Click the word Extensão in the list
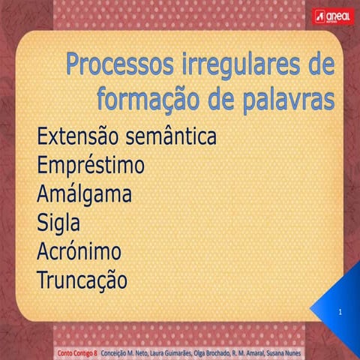[78, 136]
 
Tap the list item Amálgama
[84, 193]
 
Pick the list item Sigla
[58, 222]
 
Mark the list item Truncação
[82, 280]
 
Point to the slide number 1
[340, 310]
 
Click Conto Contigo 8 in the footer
[78, 351]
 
